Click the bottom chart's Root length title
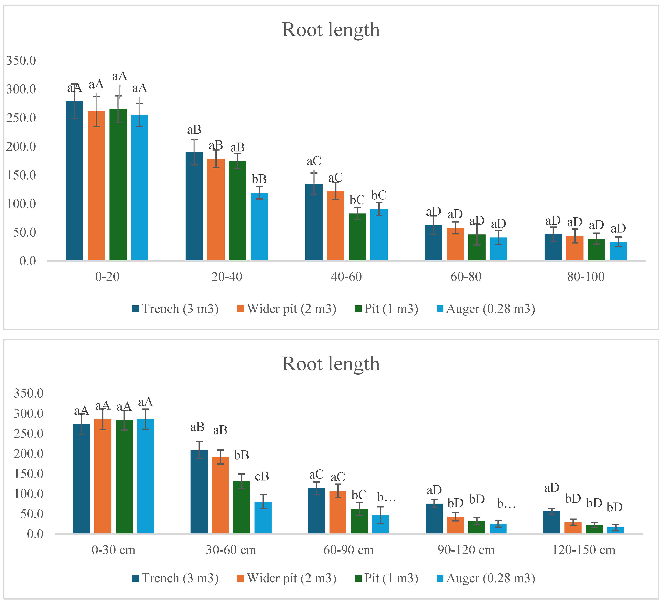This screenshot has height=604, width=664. pos(331,364)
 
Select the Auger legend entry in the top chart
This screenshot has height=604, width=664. pos(486,309)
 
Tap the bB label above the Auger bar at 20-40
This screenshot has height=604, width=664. pos(259,179)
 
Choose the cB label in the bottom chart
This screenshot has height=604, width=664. pos(262,476)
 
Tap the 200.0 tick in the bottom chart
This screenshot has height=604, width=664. pos(28,454)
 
